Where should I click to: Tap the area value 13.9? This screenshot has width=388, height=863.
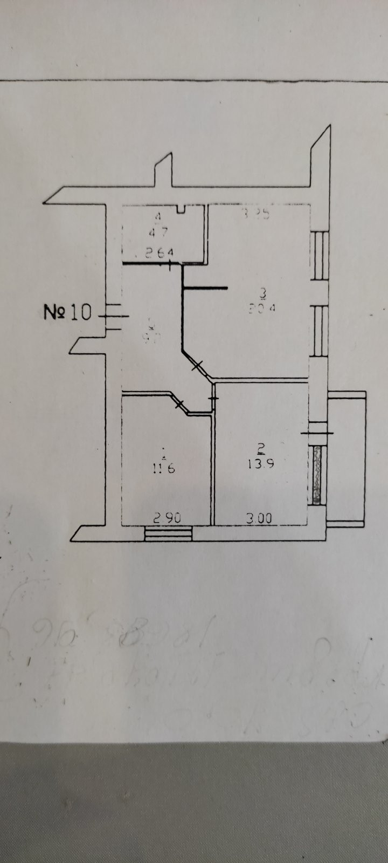[261, 463]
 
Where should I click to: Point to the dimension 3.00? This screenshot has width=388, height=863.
[259, 518]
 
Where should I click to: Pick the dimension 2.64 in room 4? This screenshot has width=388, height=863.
[158, 252]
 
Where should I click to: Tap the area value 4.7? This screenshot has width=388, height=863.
[158, 233]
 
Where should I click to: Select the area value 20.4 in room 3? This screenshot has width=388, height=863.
[262, 309]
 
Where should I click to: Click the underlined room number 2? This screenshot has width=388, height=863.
[261, 447]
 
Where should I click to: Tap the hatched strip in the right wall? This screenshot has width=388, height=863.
[317, 475]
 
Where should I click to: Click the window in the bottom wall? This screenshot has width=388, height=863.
[169, 533]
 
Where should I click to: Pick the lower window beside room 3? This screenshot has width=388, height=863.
[320, 330]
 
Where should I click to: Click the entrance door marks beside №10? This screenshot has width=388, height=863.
[113, 316]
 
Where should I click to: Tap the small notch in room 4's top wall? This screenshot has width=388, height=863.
[182, 208]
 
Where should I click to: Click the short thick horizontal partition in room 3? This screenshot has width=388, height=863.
[205, 287]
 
